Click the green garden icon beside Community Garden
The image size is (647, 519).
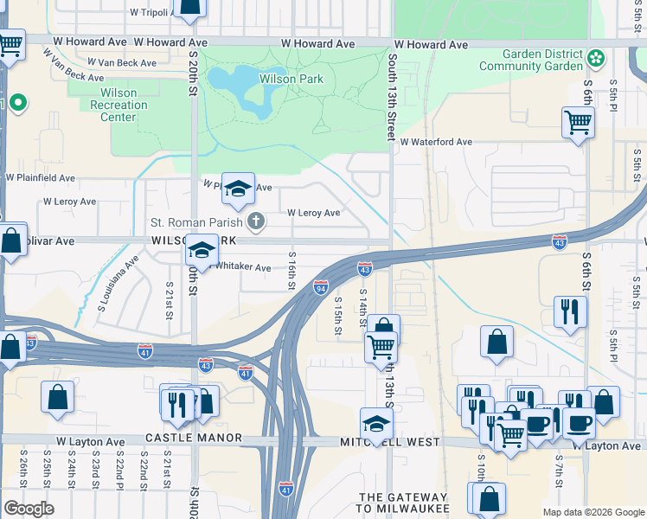595,58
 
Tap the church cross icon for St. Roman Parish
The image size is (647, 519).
255,222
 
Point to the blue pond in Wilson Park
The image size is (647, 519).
239,90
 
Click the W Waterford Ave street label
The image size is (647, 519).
435,141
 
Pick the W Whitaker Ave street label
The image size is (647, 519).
244,267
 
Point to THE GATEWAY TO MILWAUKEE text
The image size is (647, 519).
404,502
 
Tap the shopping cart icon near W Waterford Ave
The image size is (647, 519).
578,121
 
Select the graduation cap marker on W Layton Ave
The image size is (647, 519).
376,424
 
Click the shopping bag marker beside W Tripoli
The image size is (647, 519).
189,8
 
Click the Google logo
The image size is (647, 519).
29,509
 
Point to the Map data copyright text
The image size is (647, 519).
593,512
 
